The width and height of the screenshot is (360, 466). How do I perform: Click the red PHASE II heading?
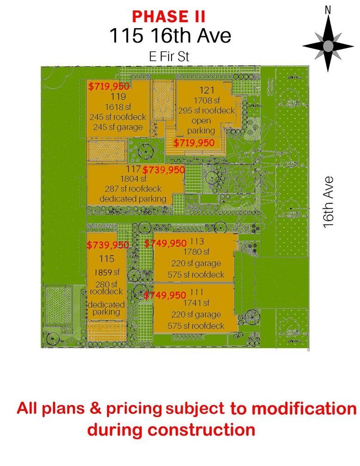pos(169,16)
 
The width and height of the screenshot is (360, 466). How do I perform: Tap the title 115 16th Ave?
pos(170,35)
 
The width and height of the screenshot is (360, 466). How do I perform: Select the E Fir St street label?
pos(169,57)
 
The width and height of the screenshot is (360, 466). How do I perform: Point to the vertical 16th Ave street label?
pos(329,202)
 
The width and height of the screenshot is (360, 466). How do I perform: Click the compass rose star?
pos(328,46)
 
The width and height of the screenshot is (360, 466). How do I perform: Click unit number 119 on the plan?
pos(119,97)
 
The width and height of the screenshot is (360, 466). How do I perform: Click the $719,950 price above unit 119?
pos(109,86)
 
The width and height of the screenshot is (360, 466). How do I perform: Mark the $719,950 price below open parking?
pos(194,143)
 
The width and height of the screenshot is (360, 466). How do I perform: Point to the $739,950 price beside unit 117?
pos(164,170)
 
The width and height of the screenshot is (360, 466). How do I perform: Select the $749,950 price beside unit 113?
pos(165,243)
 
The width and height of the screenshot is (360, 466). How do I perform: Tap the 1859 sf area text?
pos(107,272)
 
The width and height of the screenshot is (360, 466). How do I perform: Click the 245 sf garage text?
pos(117,127)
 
